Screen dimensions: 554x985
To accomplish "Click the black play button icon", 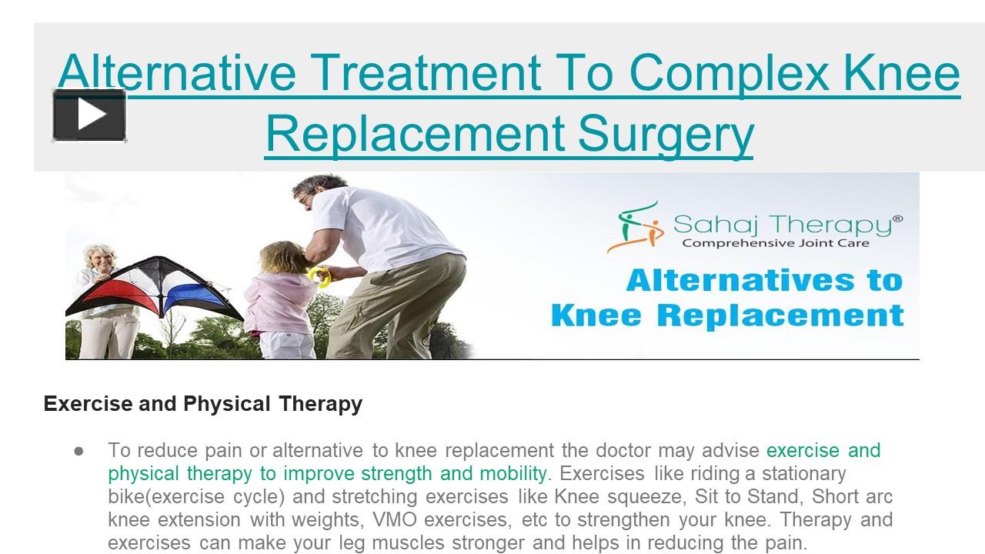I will (x=89, y=115).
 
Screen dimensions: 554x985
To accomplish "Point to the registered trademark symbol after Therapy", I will (x=897, y=219).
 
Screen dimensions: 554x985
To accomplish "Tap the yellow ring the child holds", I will (x=319, y=275).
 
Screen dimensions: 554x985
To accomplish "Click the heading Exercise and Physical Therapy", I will (x=203, y=403).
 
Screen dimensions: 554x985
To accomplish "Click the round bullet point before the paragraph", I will (x=78, y=450).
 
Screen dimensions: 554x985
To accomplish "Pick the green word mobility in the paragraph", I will (x=508, y=473).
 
